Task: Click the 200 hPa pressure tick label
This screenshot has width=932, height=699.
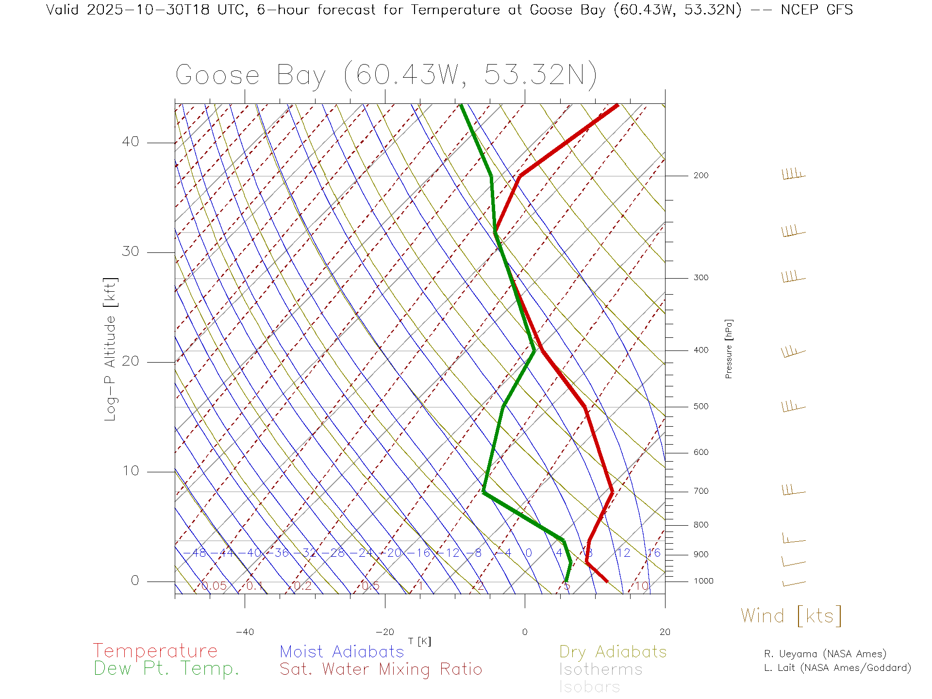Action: pos(700,176)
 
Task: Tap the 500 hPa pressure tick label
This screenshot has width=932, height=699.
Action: pos(700,407)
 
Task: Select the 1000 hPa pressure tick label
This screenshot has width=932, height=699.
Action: pos(703,581)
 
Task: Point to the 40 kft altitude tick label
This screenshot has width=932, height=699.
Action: pos(130,142)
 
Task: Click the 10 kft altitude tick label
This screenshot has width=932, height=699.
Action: pos(130,471)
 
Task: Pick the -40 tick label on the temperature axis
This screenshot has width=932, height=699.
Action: pos(245,632)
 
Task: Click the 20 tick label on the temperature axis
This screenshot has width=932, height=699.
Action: pos(665,632)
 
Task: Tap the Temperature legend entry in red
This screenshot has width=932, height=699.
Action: pos(155,651)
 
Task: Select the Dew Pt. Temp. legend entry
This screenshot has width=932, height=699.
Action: pos(166,669)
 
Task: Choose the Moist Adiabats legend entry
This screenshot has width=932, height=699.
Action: pos(342,652)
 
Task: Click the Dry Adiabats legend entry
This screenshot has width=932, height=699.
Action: pos(613,652)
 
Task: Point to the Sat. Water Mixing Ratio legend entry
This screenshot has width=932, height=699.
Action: pos(381,669)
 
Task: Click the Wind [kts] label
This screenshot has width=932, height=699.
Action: pos(791,616)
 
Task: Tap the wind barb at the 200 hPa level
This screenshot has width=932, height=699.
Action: pos(793,174)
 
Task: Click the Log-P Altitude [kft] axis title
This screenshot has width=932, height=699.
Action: pos(111,349)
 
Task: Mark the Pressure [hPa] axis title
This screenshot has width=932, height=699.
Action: pos(729,349)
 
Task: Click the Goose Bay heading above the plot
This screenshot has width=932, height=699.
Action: pos(386,75)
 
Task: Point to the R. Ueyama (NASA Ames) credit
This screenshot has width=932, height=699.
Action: pos(825,654)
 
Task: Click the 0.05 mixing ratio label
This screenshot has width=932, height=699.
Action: pos(214,586)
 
